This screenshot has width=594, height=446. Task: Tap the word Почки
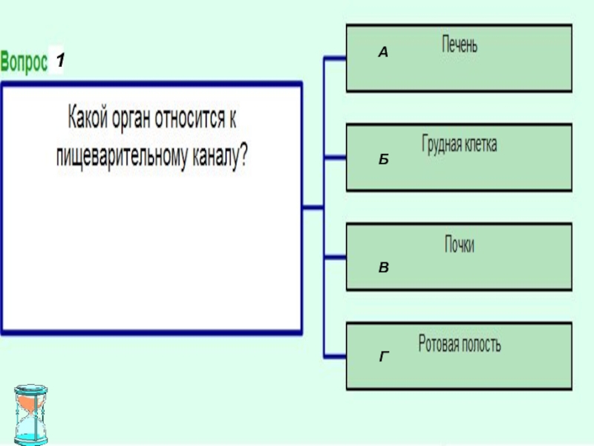pyautogui.click(x=460, y=245)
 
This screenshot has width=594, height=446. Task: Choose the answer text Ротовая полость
pyautogui.click(x=460, y=345)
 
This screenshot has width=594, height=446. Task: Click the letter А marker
pyautogui.click(x=382, y=53)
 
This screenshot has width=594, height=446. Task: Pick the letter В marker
pyautogui.click(x=382, y=266)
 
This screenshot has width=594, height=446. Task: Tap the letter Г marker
pyautogui.click(x=383, y=358)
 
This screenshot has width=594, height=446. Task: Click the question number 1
pyautogui.click(x=59, y=62)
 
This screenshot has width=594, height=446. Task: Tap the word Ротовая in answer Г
pyautogui.click(x=440, y=345)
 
